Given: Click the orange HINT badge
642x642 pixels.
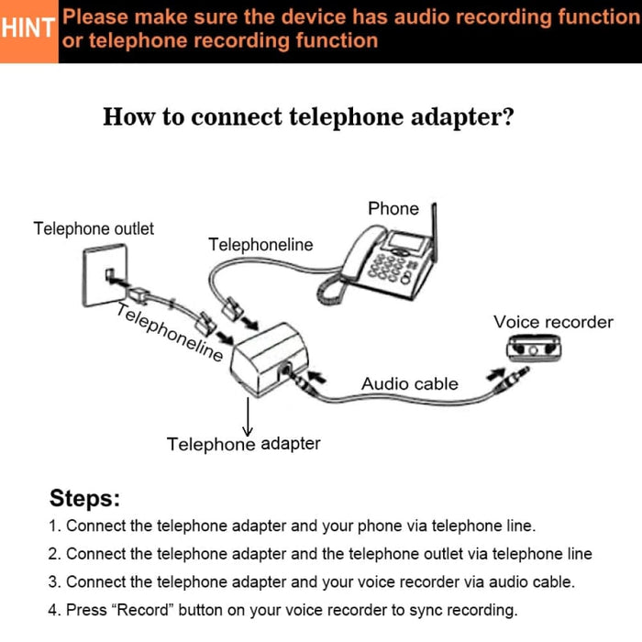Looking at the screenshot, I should pos(28,29).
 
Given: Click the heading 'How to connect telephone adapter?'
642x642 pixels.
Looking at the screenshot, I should pos(308,117).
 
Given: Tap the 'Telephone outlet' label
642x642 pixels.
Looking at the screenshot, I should pos(94,228).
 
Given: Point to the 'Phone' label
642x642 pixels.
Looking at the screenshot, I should pos(393,208).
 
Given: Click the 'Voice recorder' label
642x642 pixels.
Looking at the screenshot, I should pos(553,322).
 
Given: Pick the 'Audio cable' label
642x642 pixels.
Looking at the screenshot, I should pos(409,383).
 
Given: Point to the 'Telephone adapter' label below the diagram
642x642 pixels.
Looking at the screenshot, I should pos(244,444).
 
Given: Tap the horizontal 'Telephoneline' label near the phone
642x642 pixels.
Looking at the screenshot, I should pos(260,245).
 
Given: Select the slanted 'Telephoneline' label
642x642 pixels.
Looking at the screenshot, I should pos(170,332).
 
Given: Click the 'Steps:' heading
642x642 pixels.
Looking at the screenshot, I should pos(84,499).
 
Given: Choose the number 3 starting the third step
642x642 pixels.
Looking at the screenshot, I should pos(53,582).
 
